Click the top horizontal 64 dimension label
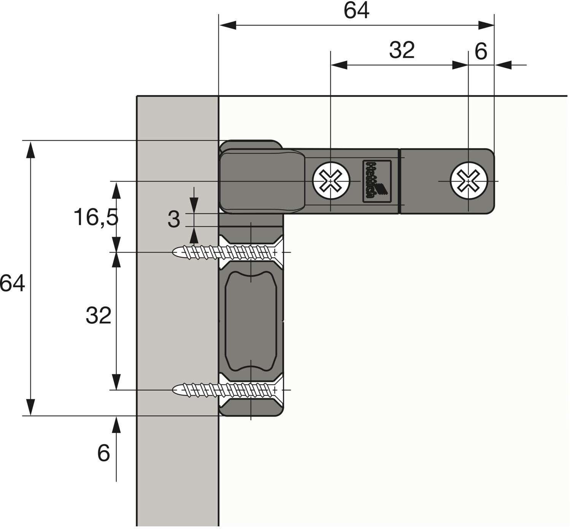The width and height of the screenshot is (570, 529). (356, 11)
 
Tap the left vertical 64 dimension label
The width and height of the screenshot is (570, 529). (12, 284)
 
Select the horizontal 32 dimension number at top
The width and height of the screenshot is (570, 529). (402, 50)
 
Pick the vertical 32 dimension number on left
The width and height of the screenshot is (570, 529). (98, 315)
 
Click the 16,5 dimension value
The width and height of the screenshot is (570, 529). (96, 217)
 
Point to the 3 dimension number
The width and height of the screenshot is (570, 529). (174, 219)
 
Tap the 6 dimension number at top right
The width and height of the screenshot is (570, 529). (481, 52)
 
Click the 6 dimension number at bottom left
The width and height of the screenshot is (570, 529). (103, 453)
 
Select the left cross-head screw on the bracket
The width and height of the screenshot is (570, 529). (331, 181)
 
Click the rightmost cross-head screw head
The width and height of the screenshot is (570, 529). (469, 181)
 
